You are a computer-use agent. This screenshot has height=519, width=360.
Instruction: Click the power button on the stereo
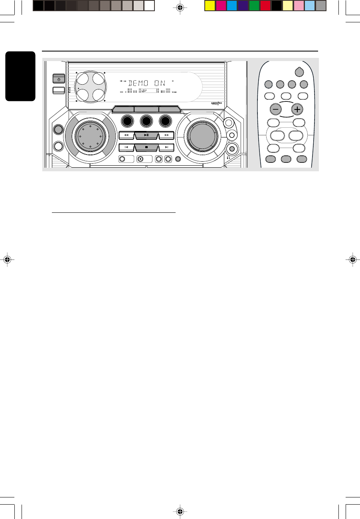59,79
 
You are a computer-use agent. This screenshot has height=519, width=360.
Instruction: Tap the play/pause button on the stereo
146,135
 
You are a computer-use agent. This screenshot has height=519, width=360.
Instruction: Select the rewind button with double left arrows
126,135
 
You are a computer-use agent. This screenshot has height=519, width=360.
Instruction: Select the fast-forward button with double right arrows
167,135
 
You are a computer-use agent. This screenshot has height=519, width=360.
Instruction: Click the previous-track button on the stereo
126,147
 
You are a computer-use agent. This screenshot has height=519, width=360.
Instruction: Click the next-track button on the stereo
167,147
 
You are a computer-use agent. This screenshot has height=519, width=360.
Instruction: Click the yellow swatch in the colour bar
210,6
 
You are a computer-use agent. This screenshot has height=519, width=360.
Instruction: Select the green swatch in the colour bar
254,6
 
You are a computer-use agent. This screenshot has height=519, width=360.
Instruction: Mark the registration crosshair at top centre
180,7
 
